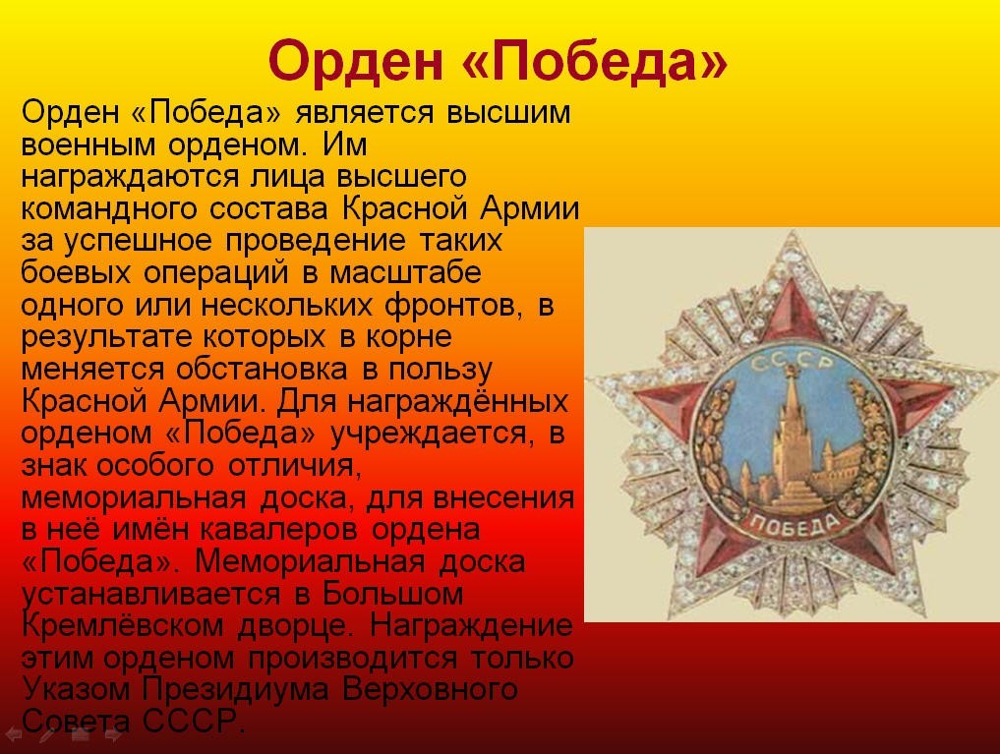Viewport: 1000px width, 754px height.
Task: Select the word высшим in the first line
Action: pos(508,113)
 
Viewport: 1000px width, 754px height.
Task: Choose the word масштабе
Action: pos(406,272)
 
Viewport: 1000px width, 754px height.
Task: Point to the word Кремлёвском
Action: pos(123,625)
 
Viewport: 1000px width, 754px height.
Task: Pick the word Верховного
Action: pos(430,690)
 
